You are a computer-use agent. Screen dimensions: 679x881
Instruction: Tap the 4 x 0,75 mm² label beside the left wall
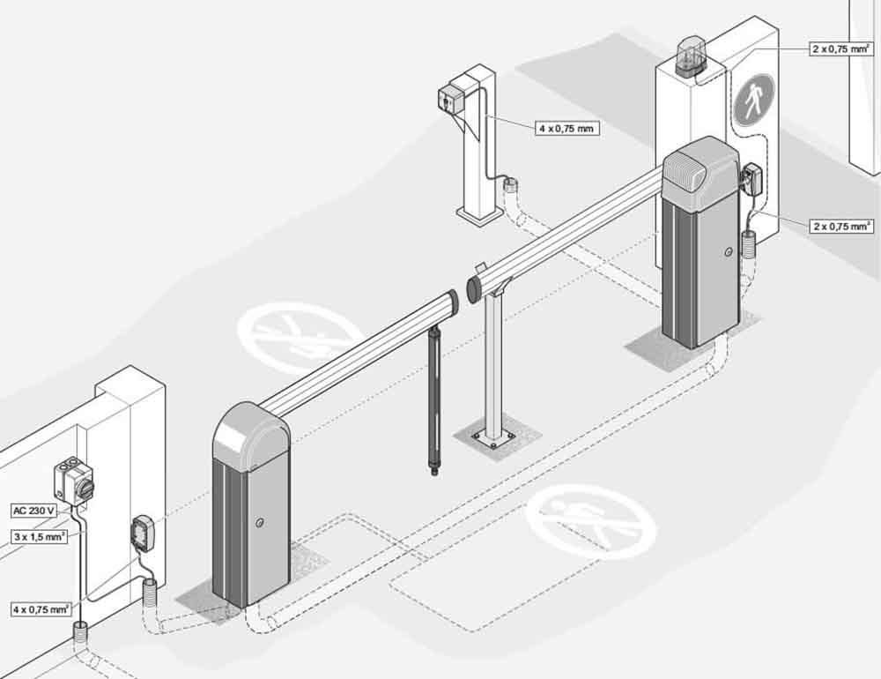(41, 608)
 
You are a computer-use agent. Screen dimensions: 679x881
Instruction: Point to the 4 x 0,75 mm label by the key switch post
(566, 129)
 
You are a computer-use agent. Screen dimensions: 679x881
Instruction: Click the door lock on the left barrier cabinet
(258, 523)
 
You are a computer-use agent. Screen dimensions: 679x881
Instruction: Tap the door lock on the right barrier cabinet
(727, 253)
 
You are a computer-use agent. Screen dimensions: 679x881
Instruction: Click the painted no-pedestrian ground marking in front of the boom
(590, 521)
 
